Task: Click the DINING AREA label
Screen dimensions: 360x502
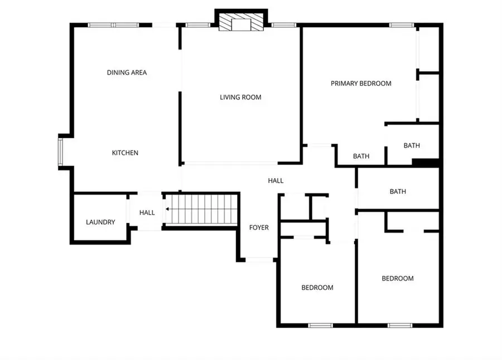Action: [127, 72]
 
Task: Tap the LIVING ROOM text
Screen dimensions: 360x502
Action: [240, 98]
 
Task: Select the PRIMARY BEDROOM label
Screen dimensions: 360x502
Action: [361, 84]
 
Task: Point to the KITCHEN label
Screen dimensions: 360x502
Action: [125, 153]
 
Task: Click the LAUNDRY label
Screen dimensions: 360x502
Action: [100, 222]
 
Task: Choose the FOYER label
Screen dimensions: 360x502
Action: [259, 227]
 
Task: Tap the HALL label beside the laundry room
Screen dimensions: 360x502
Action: [147, 213]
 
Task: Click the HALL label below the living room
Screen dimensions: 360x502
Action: [276, 181]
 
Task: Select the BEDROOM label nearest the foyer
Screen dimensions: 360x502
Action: [317, 288]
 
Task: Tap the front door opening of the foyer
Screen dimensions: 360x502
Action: [259, 259]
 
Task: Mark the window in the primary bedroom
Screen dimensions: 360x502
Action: [402, 25]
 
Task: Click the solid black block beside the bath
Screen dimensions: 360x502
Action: [426, 163]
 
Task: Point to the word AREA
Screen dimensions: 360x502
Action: [138, 72]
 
